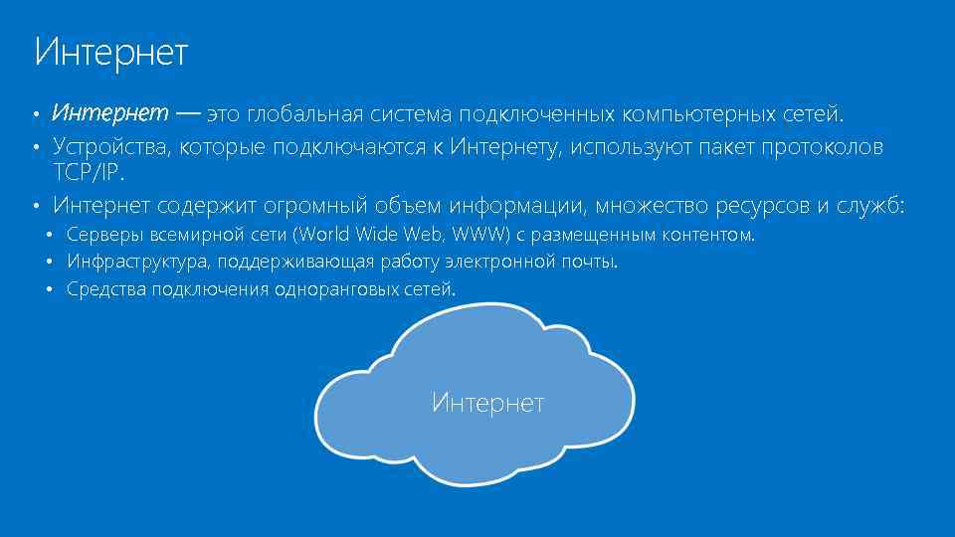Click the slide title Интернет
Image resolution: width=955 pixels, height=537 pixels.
[110, 53]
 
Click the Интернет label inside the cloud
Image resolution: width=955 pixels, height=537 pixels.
[487, 403]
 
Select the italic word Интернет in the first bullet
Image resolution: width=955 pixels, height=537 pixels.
[110, 113]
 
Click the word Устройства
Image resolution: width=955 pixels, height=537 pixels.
[112, 147]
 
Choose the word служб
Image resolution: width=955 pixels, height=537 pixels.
[869, 206]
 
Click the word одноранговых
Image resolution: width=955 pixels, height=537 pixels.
[320, 289]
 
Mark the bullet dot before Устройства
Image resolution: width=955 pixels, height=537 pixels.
[34, 148]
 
